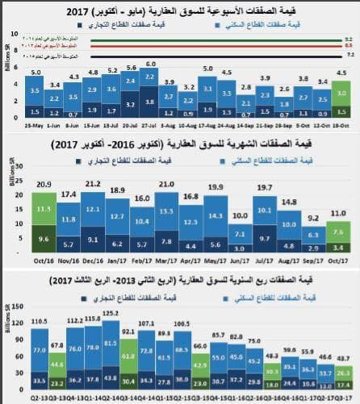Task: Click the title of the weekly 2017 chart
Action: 180,10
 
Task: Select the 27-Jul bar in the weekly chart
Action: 151,93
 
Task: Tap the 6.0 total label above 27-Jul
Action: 151,64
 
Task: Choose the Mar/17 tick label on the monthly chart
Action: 167,260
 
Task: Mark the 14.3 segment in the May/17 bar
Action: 216,216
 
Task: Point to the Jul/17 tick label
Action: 265,260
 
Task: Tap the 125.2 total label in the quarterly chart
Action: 111,313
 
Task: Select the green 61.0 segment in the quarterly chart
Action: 128,353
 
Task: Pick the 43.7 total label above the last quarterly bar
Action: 343,357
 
